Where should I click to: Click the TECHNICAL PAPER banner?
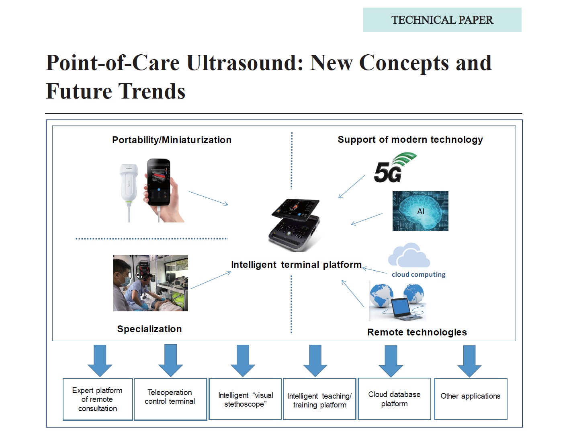[x=442, y=20]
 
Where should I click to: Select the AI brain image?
[x=420, y=211]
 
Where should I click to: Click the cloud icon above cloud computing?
[x=409, y=255]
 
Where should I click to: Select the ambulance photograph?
[x=151, y=283]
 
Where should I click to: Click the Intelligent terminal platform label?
[x=296, y=265]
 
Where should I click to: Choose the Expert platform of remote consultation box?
[x=98, y=399]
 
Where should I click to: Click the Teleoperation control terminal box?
[x=170, y=399]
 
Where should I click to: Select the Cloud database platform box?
[x=394, y=399]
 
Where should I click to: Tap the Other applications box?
[x=471, y=399]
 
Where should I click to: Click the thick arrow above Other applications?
[x=469, y=361]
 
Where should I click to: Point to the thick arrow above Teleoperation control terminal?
[x=170, y=360]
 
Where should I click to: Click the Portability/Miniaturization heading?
[x=172, y=140]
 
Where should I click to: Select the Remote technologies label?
[x=417, y=332]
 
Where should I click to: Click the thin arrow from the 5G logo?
[x=352, y=187]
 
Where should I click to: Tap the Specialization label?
[x=149, y=329]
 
